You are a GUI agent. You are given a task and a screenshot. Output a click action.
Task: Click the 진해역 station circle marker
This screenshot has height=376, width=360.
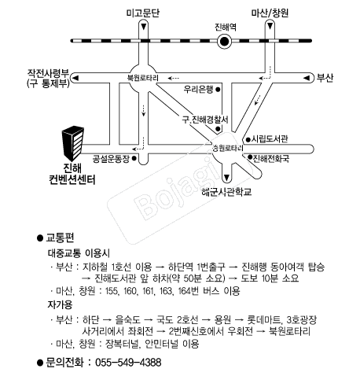pos(224,42)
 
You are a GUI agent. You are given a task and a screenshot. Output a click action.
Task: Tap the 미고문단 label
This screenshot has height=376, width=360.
pos(143,13)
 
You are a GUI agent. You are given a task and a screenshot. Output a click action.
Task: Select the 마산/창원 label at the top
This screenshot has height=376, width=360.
pos(270,13)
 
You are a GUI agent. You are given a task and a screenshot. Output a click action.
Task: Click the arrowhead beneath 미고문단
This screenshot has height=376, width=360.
pos(143,27)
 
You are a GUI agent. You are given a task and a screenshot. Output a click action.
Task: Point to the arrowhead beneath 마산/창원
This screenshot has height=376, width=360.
pos(270,26)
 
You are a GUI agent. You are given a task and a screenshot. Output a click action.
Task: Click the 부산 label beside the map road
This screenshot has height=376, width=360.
pos(325,78)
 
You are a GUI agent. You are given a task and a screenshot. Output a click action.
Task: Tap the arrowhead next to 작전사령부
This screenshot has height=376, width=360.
pos(75,78)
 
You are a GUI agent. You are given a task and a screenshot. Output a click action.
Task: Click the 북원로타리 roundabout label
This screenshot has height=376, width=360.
pos(143,78)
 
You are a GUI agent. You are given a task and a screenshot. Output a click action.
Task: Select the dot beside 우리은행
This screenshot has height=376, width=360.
pos(218,90)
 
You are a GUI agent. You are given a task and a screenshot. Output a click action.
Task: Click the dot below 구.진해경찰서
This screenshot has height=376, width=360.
pos(218,129)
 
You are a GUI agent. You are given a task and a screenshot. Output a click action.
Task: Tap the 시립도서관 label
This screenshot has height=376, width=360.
pos(270,139)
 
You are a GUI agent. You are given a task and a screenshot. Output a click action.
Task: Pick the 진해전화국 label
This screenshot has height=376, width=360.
pos(271,158)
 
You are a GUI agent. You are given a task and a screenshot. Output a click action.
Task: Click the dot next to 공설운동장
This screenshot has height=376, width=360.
pos(134,158)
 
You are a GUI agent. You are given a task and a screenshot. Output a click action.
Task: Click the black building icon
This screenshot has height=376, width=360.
pos(73,143)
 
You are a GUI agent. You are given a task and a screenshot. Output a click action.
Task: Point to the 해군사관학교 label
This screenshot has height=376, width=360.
pos(227,192)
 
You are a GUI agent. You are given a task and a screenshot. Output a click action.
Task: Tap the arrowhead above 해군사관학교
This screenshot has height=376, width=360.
pos(227,178)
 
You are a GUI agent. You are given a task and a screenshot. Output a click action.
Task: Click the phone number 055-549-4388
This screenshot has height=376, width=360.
pos(128,363)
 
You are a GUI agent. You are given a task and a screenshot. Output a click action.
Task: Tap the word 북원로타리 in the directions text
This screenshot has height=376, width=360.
pos(289,331)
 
